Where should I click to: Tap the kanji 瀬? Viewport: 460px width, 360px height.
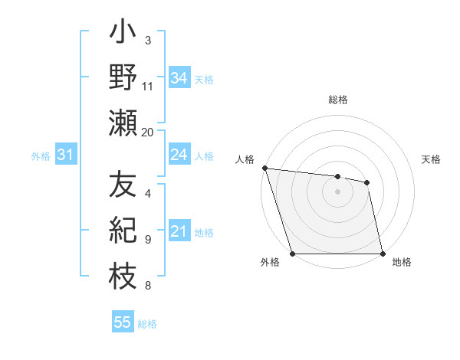click(x=123, y=123)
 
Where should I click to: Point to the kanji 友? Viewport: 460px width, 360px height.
click(x=123, y=186)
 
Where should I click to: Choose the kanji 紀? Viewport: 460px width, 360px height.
click(x=123, y=231)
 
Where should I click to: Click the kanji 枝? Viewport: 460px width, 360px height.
click(x=123, y=276)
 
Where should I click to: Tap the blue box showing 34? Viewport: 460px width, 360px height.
click(x=179, y=77)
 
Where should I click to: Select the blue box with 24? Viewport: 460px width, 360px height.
click(x=179, y=155)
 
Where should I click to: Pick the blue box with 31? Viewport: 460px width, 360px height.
click(x=66, y=155)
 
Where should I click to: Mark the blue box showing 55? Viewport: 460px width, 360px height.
click(x=123, y=322)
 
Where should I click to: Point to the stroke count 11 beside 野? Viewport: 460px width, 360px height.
click(x=148, y=86)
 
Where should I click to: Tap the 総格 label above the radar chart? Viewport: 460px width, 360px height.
click(x=338, y=100)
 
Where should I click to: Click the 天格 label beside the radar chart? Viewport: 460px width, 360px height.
click(x=432, y=159)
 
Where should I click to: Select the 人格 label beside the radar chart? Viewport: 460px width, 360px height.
click(x=245, y=159)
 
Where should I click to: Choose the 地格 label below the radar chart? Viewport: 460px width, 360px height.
click(x=402, y=262)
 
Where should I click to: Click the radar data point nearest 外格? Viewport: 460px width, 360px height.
click(x=292, y=254)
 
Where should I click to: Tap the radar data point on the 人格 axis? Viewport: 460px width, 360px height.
click(x=264, y=168)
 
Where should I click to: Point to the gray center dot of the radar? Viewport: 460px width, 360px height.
click(x=338, y=191)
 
